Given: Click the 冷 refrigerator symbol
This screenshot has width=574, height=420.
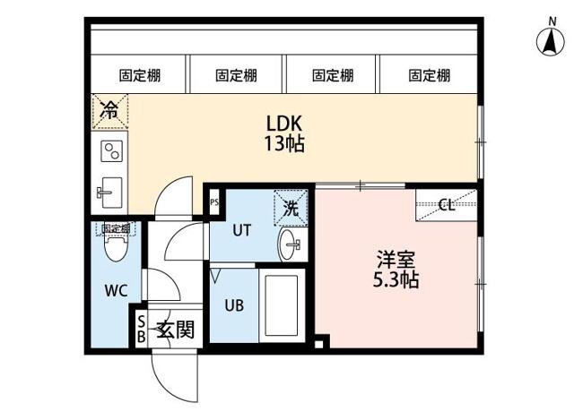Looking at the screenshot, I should [109, 112].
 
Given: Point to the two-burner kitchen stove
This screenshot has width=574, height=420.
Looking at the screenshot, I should [111, 150].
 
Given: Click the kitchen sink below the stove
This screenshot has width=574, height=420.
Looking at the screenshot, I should [111, 191].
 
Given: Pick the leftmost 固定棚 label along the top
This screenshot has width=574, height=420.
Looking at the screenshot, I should [139, 75].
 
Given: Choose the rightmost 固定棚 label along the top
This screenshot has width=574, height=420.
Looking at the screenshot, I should [429, 75].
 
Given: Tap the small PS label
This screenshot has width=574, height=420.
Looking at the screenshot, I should [214, 201].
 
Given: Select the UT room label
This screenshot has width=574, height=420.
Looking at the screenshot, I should [241, 229].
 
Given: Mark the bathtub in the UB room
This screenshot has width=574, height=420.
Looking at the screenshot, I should [283, 306].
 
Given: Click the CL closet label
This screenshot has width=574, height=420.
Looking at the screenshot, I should [446, 205].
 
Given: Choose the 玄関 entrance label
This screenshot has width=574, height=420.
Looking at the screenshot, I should [176, 330].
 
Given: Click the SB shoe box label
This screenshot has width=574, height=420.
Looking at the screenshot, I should [141, 330].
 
